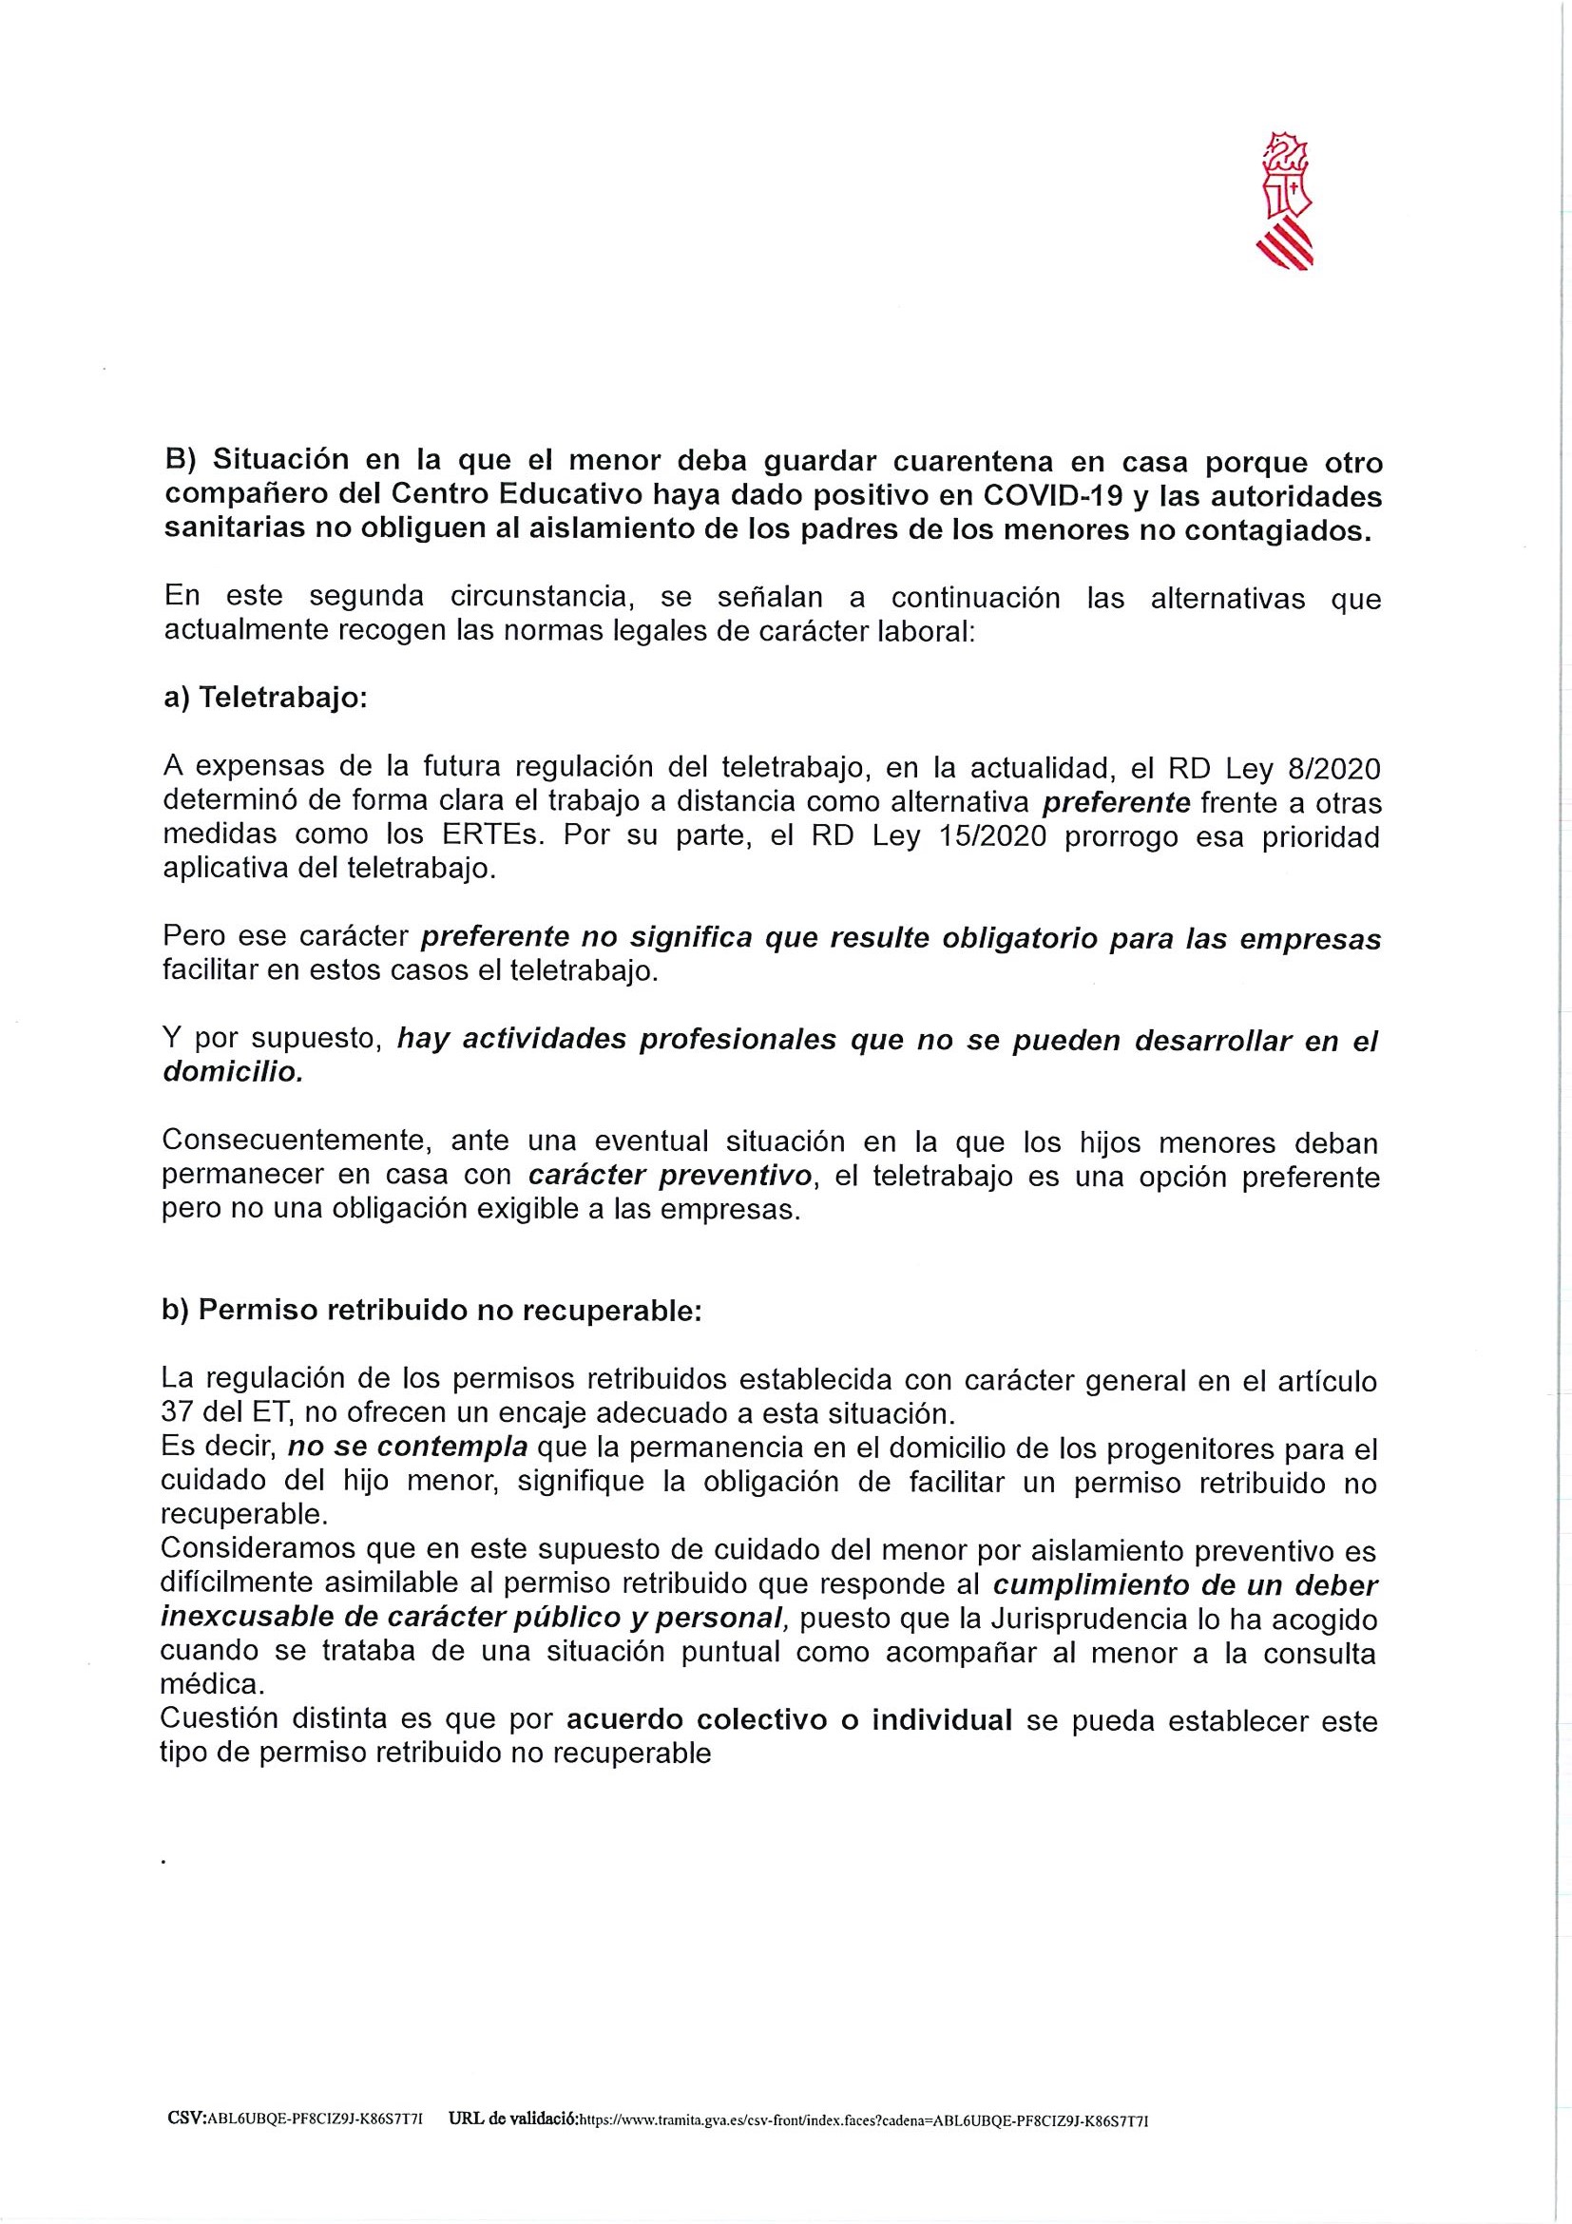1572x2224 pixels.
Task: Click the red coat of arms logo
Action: pos(1288,201)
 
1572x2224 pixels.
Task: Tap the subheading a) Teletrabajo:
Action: pos(265,700)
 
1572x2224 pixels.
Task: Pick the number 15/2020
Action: pos(993,836)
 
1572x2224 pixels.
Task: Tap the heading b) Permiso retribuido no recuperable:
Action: pos(430,1311)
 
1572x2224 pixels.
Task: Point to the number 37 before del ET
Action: pos(177,1413)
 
